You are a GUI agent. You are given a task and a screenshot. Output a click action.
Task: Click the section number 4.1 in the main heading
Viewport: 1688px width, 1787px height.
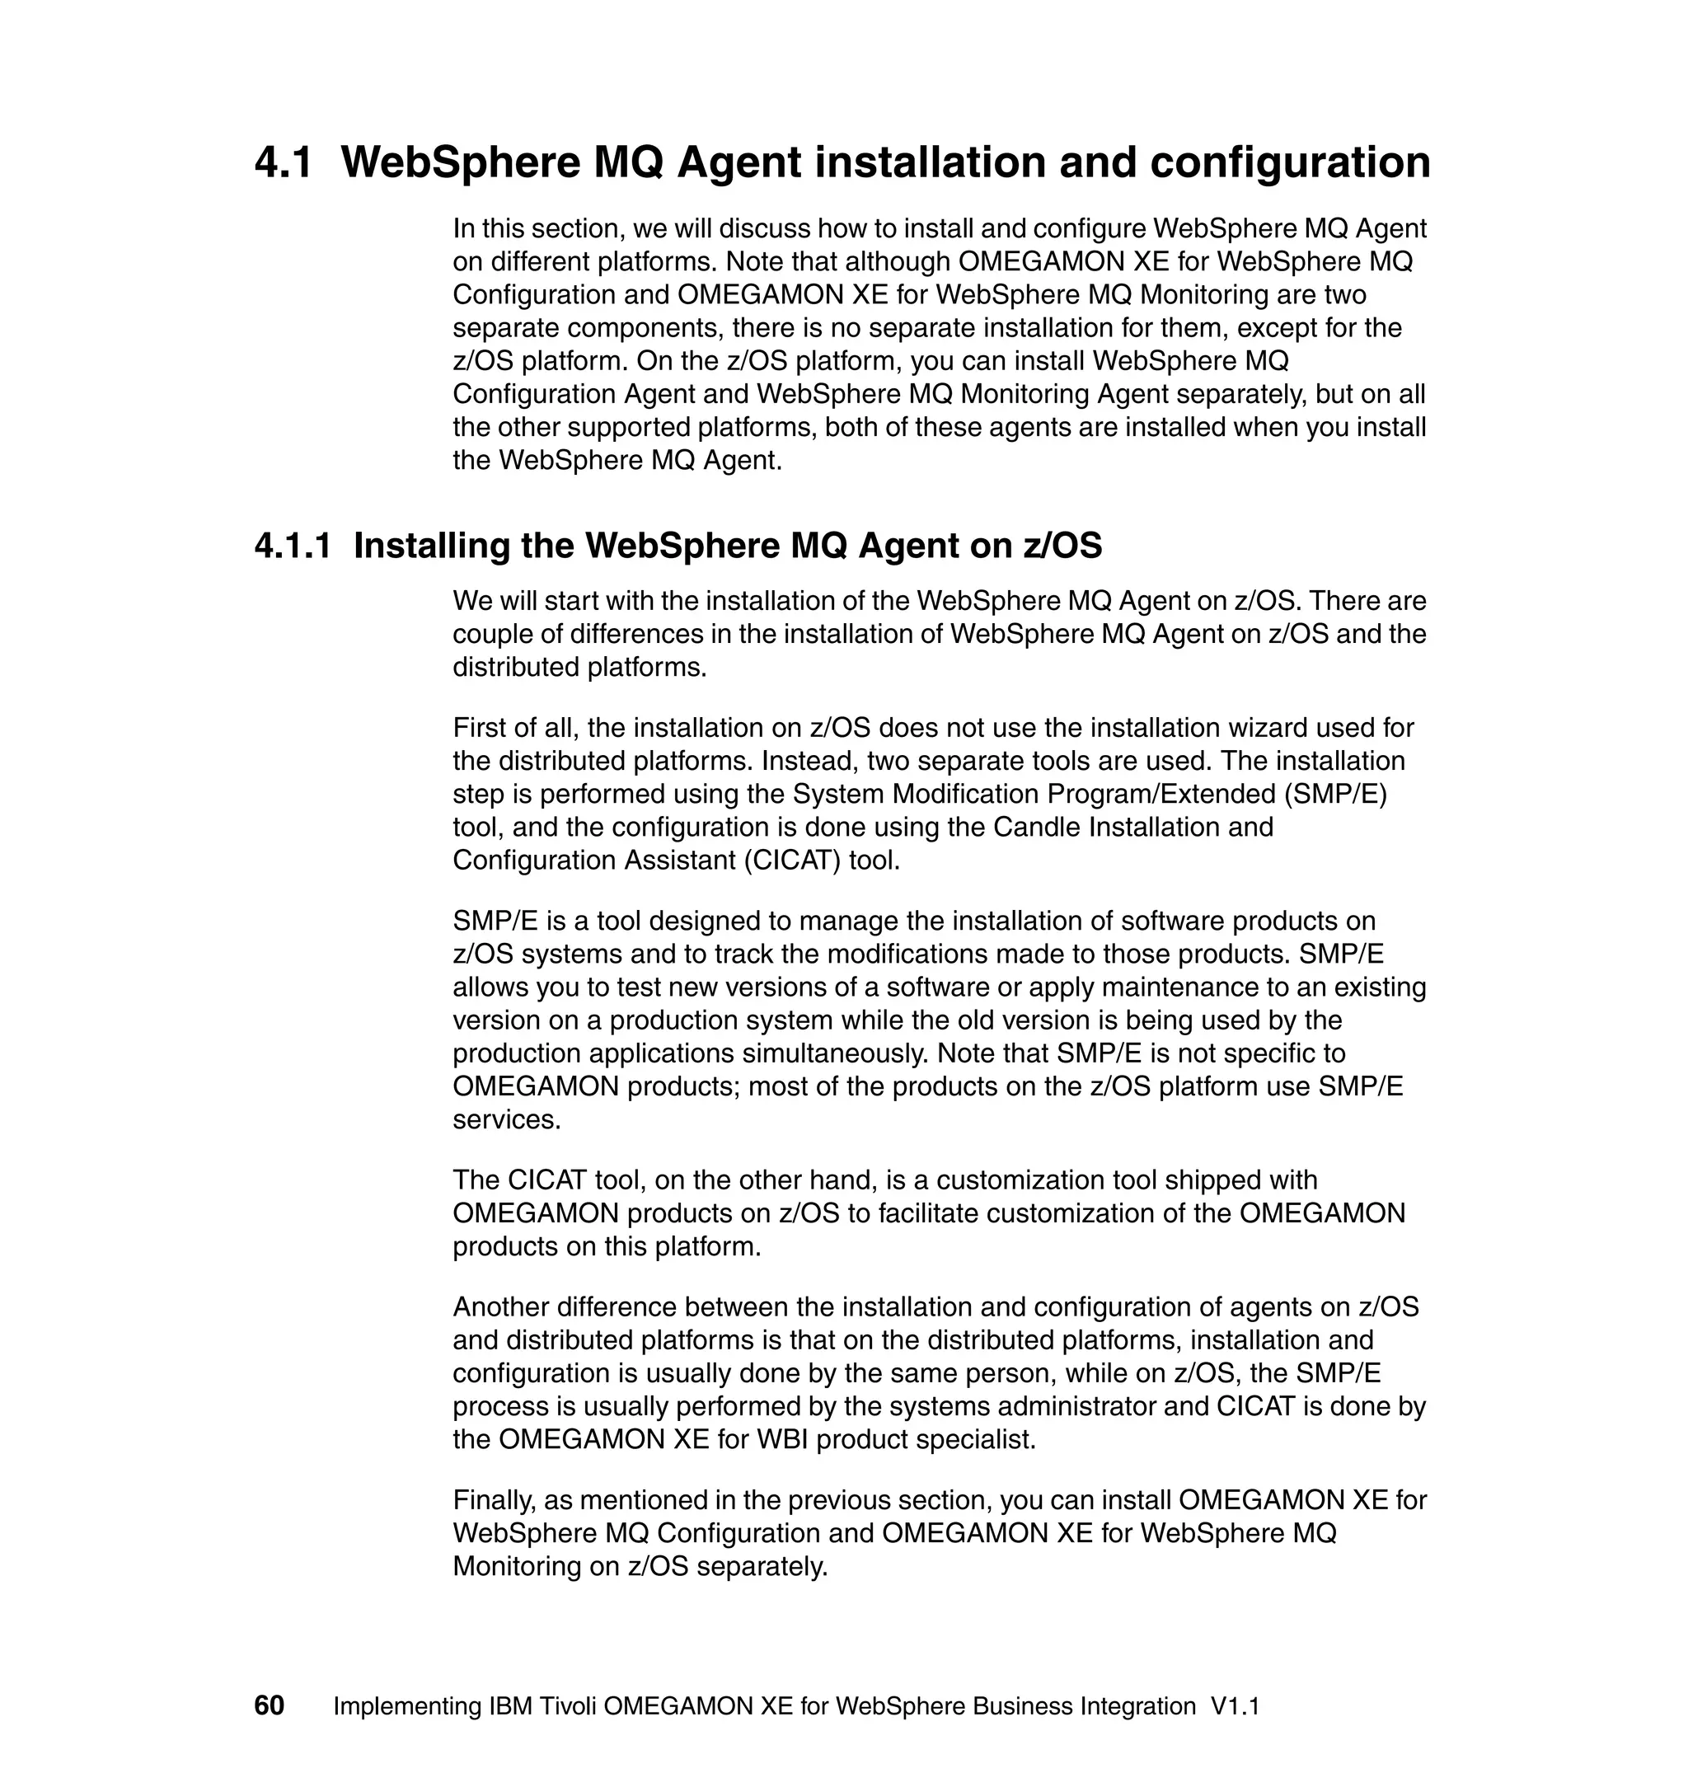click(284, 163)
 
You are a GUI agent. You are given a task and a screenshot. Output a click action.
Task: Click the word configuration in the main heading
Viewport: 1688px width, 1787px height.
click(1290, 163)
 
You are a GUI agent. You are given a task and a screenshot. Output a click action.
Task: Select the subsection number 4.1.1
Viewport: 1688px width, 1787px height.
click(293, 546)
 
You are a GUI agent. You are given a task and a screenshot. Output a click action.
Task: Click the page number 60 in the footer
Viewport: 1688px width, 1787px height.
click(269, 1706)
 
